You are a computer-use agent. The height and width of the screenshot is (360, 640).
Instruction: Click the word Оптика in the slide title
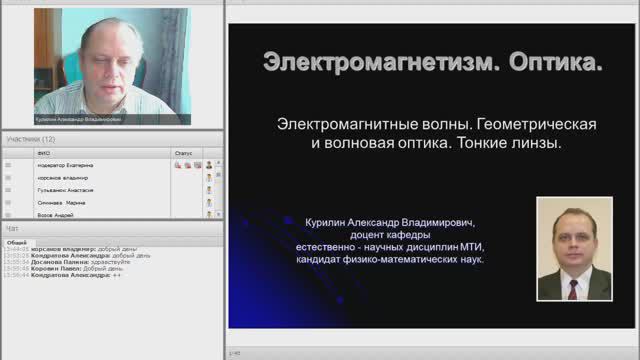point(555,63)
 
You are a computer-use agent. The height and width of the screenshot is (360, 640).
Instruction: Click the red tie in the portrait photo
point(573,287)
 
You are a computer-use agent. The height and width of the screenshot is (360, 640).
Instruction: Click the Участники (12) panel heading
point(31,139)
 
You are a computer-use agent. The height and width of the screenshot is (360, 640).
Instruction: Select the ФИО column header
point(43,153)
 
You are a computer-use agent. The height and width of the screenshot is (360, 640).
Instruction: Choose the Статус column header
point(182,153)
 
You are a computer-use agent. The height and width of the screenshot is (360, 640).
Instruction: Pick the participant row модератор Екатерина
point(65,164)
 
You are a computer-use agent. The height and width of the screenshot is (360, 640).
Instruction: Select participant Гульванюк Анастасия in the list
point(65,189)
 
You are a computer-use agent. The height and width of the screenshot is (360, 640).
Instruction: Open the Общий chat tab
point(16,242)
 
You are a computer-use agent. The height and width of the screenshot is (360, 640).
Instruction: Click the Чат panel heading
point(13,228)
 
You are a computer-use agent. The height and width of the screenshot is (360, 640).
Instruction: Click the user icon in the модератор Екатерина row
point(209,164)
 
